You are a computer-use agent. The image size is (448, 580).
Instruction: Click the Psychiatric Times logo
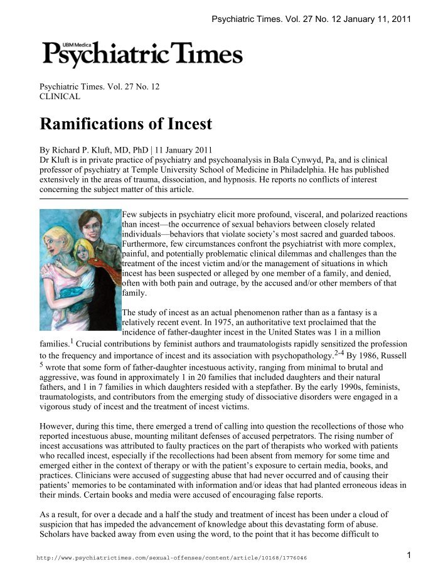(x=142, y=55)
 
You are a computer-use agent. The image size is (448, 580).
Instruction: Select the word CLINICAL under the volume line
(x=60, y=97)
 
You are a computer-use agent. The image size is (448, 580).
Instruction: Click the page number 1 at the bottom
(x=408, y=555)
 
